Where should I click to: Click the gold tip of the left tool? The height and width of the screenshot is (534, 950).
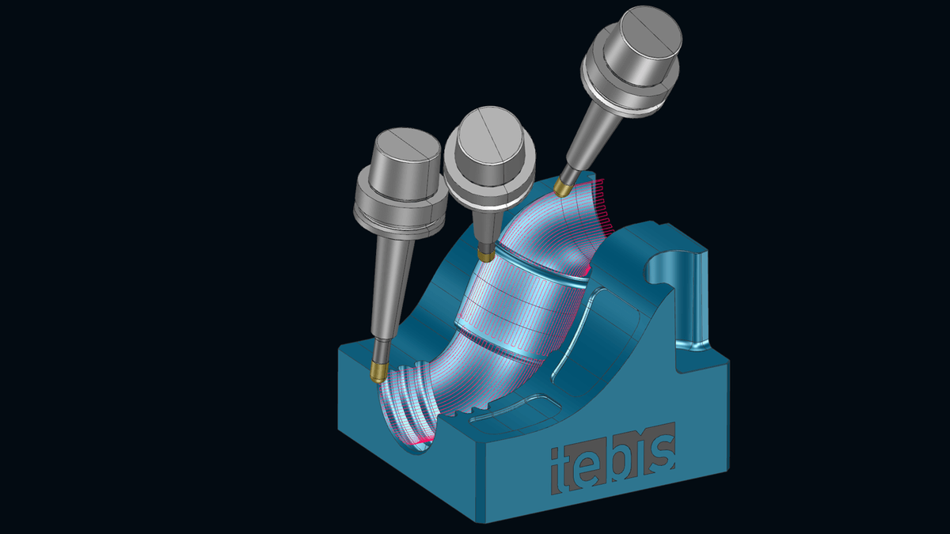coord(378,369)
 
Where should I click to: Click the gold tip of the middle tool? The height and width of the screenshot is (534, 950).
coord(484,256)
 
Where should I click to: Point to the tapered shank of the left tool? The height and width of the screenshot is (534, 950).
coord(389,285)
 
